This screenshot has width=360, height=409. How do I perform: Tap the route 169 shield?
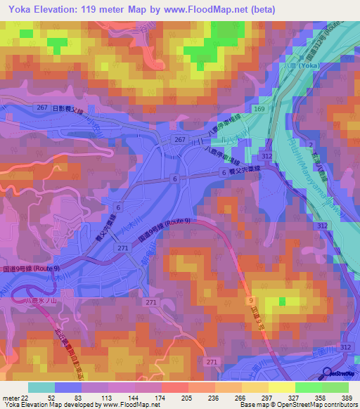[259, 110]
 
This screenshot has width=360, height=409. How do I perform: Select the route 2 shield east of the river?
[310, 143]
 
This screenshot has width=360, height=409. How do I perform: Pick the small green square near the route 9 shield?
[282, 301]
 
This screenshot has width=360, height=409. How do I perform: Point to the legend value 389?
[347, 398]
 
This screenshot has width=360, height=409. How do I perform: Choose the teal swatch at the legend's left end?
[41, 387]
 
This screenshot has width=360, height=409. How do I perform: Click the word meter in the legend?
[8, 398]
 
